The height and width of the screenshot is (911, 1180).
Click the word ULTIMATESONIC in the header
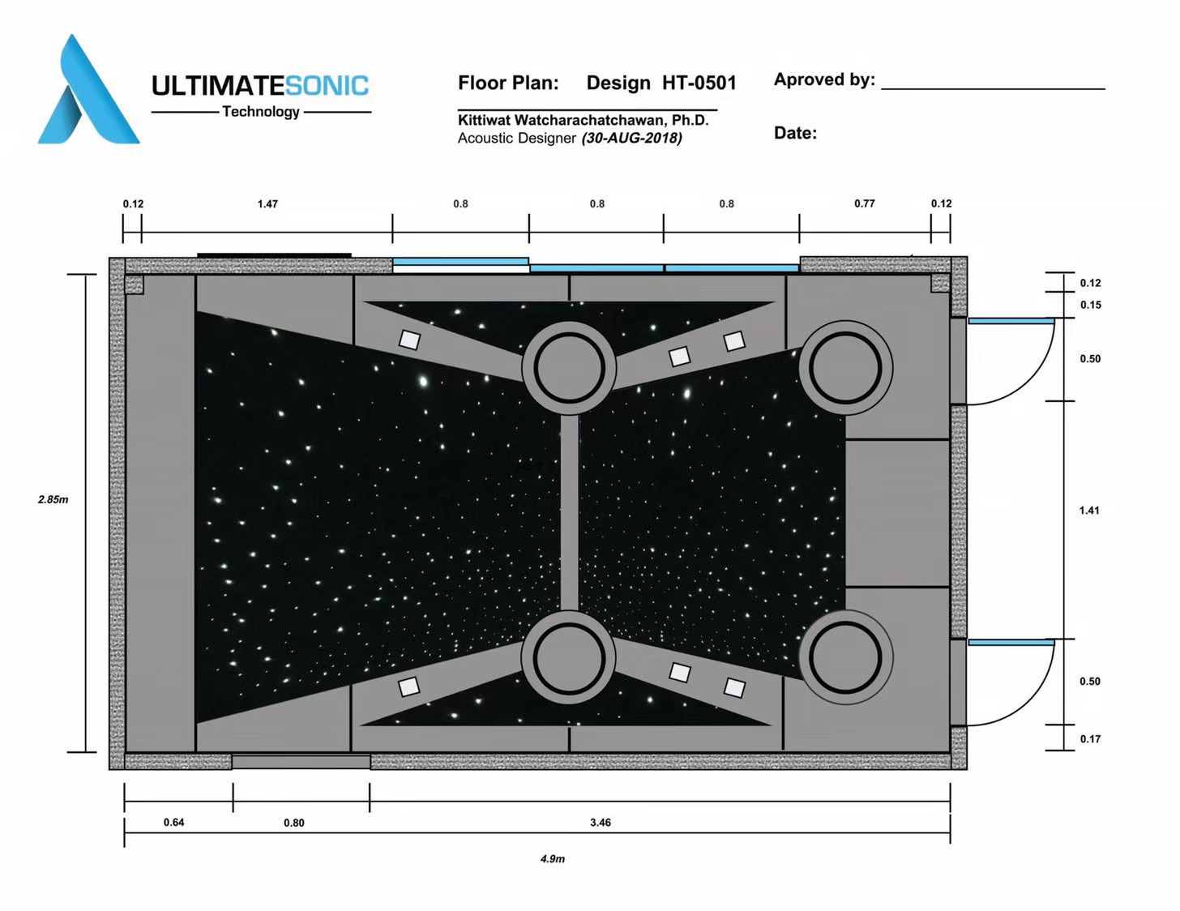[x=260, y=86]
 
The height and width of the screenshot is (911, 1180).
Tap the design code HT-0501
[x=699, y=83]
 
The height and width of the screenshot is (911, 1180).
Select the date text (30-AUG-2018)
[x=631, y=139]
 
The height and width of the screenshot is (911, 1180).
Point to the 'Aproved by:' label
[x=824, y=79]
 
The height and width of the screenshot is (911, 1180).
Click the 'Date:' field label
[x=795, y=133]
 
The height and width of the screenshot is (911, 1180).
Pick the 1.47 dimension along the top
[x=267, y=204]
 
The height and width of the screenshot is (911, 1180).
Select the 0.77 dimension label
[x=865, y=203]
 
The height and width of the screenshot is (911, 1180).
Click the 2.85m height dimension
[x=53, y=499]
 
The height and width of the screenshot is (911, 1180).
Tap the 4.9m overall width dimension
[x=552, y=859]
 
